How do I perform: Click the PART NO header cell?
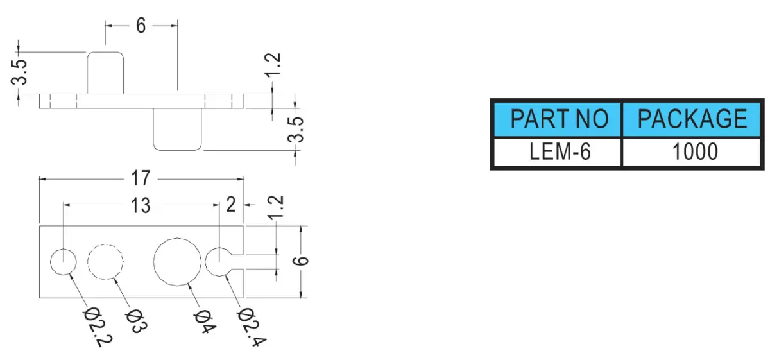[x=557, y=119]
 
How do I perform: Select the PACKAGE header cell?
[x=692, y=119]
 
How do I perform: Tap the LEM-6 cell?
[x=557, y=151]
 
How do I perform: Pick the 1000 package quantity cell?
[x=692, y=151]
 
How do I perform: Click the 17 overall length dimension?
[x=141, y=178]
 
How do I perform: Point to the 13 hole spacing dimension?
[x=141, y=205]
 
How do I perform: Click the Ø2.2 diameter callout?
[x=98, y=327]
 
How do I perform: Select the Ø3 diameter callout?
[x=136, y=321]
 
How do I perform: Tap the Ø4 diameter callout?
[x=205, y=322]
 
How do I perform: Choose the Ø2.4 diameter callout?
[x=252, y=327]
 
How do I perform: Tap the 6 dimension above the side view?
[x=141, y=26]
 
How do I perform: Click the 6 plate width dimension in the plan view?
[x=300, y=261]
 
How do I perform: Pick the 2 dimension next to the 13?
[x=231, y=205]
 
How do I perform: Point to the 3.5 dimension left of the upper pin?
[x=19, y=73]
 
